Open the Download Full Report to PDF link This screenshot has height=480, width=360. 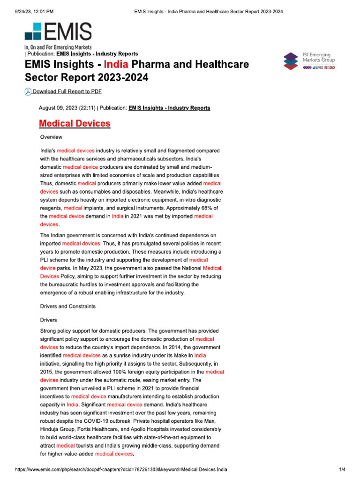point(67,91)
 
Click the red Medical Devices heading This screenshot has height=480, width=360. point(75,124)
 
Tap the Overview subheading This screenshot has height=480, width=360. point(51,137)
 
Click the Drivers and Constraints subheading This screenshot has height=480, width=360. point(68,306)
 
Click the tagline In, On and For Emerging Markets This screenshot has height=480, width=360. point(58,47)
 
